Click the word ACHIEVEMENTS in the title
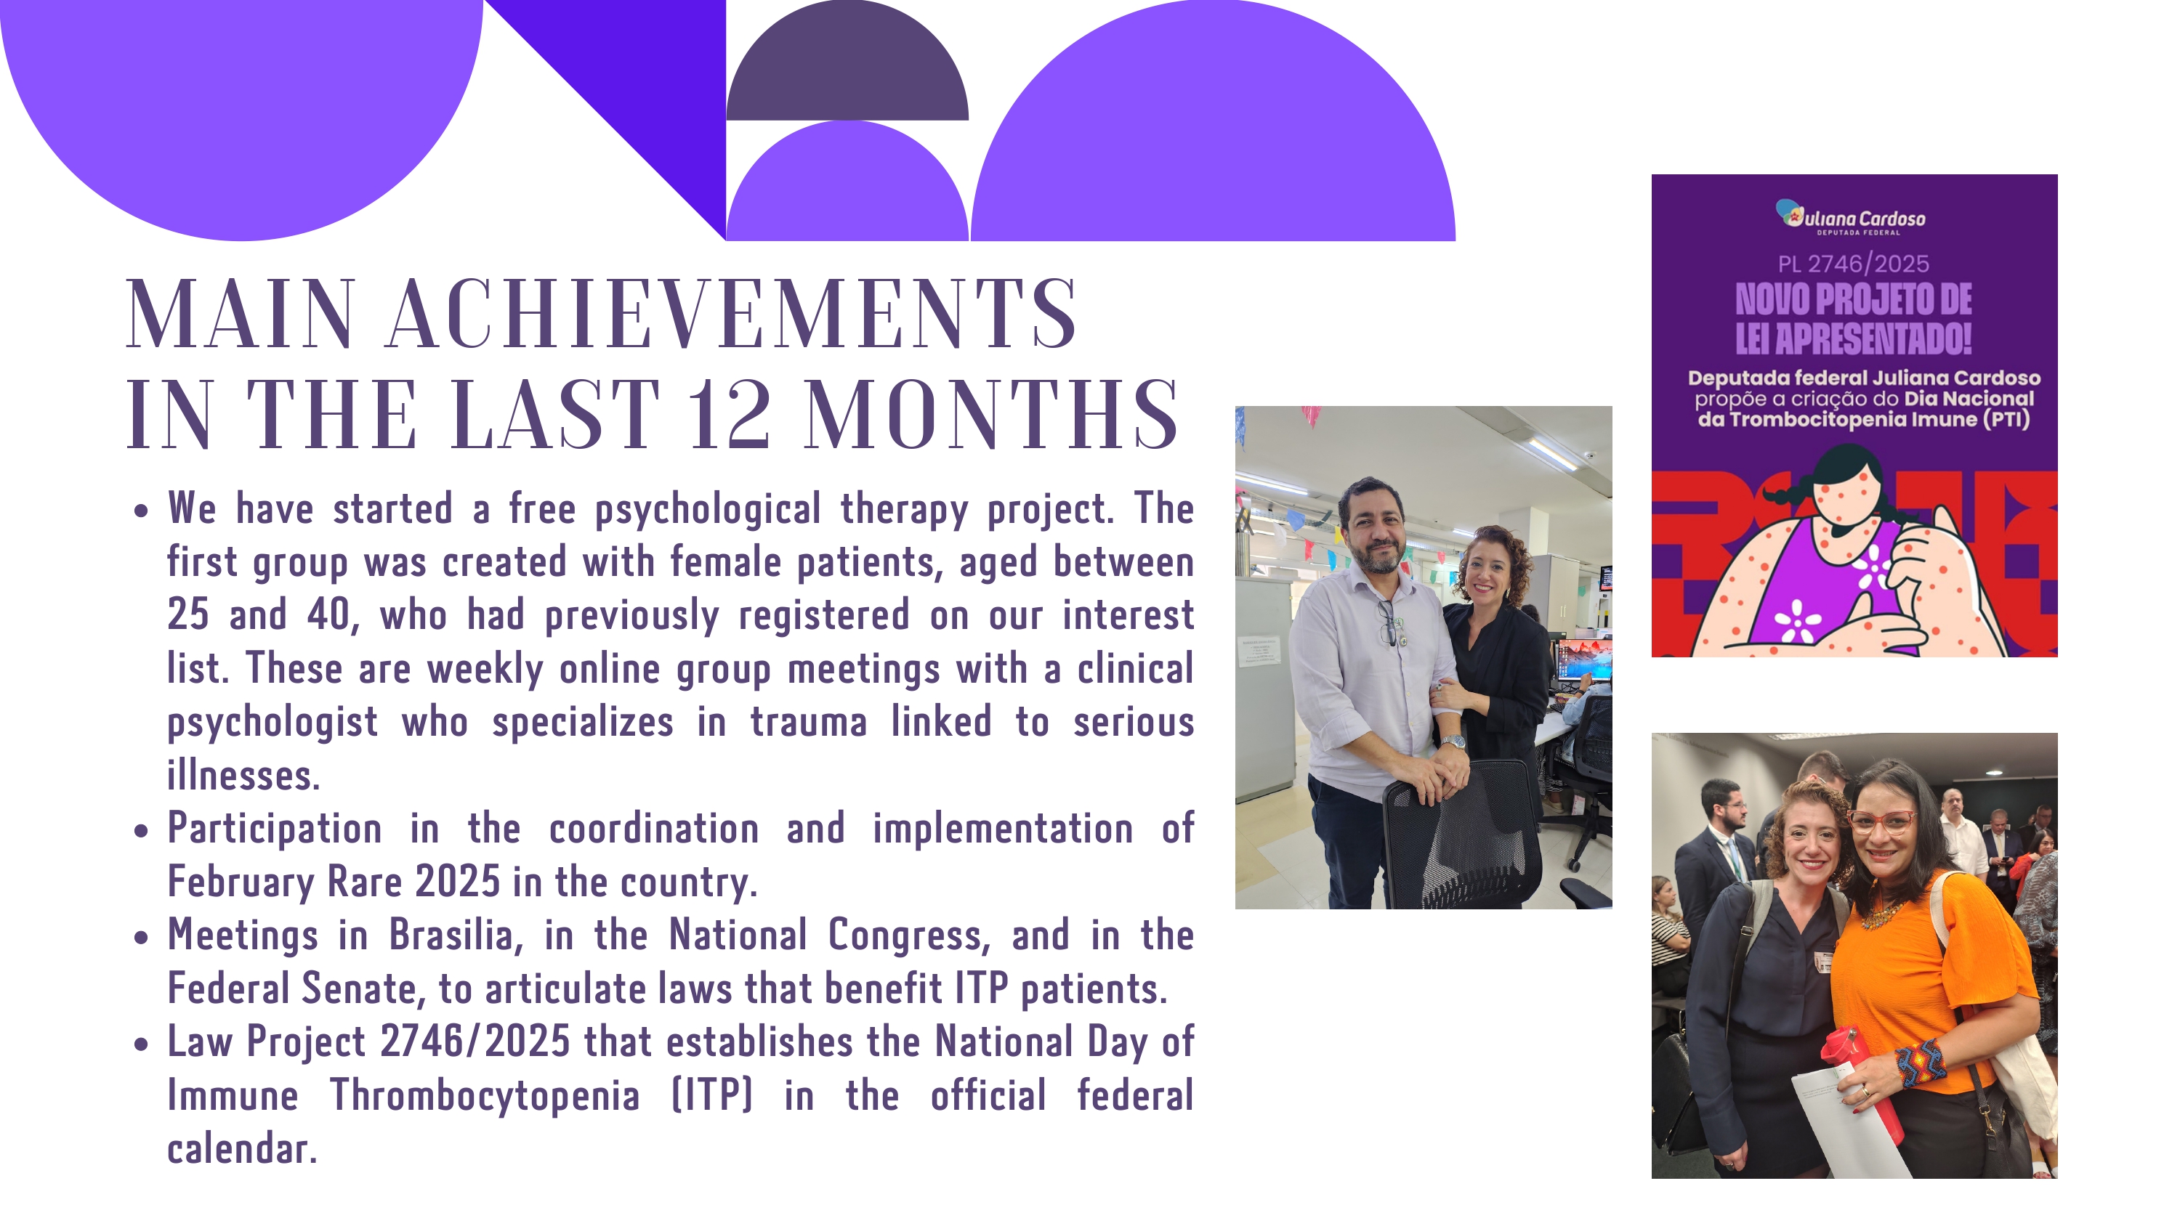(x=731, y=314)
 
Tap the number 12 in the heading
(x=729, y=415)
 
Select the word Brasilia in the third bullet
(x=451, y=935)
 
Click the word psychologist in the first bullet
(x=272, y=723)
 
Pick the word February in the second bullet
(x=241, y=882)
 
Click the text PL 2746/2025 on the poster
(x=1852, y=264)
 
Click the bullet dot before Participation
(x=140, y=831)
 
